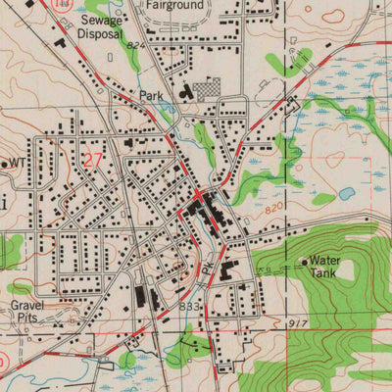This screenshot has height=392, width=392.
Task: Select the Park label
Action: [151, 96]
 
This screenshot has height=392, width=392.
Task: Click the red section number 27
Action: [93, 160]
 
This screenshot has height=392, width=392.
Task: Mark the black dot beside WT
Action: [5, 164]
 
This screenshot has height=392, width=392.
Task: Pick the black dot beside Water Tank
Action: [303, 262]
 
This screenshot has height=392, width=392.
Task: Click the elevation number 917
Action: [298, 321]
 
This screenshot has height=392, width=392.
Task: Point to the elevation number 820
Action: [277, 210]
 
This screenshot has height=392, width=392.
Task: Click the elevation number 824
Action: [134, 45]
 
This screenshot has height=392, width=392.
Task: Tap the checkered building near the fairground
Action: [208, 91]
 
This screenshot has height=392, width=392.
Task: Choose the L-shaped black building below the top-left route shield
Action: [61, 42]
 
